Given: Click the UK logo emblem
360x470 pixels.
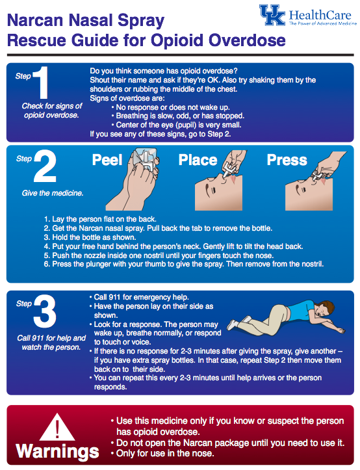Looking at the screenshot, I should (x=272, y=16).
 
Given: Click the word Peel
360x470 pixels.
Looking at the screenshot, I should (x=107, y=161).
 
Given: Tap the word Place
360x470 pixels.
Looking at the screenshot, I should (x=198, y=160).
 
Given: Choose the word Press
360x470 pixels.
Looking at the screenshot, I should (x=287, y=160).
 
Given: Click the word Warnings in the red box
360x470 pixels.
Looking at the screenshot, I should (x=57, y=452).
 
